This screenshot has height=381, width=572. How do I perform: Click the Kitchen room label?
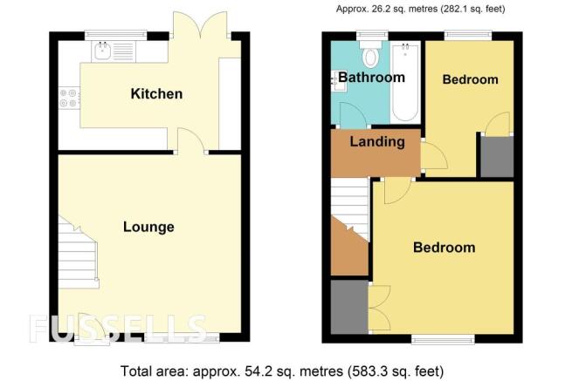pos(156,93)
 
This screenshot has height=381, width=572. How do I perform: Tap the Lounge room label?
pos(148,227)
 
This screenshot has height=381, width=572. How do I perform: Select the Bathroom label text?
pos(371,78)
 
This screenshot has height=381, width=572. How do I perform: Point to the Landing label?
pos(377,141)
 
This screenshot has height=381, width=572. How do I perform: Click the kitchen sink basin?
pos(102,51)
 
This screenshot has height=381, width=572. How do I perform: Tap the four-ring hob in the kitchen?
pos(69,98)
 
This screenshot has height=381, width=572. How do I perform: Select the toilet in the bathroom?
pos(370,55)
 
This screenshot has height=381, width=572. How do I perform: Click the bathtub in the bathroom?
pos(405,82)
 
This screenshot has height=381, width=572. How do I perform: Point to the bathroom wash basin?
pos(337,82)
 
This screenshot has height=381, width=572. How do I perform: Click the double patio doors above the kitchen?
pos(200,24)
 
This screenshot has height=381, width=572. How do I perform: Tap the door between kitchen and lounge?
pos(190,139)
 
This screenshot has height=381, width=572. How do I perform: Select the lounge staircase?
pos(78,252)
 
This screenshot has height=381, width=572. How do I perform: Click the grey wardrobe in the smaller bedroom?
pos(497,157)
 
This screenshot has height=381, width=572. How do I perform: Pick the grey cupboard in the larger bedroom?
pos(349,307)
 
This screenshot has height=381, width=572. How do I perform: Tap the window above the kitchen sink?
pos(115,35)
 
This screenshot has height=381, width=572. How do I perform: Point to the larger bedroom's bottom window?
pos(443,339)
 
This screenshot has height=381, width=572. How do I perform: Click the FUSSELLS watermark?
pos(118,329)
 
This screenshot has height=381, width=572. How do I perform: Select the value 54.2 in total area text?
pos(255,371)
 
